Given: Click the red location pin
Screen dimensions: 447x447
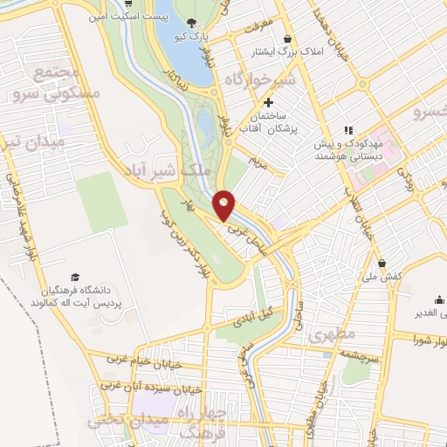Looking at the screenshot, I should click(x=224, y=204).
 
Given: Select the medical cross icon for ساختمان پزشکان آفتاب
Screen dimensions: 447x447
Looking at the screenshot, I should click(x=268, y=103).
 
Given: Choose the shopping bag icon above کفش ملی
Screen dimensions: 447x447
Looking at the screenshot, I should click(x=382, y=263).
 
